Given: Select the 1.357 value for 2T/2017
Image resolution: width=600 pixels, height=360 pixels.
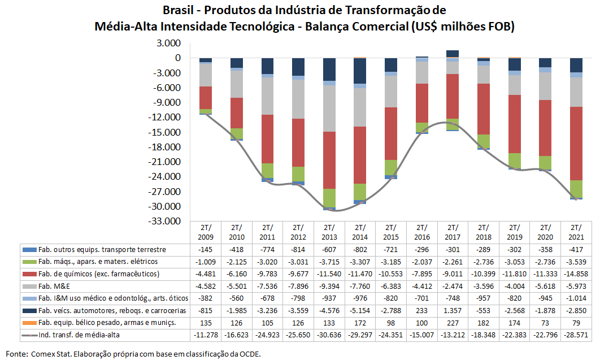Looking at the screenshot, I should (452, 310).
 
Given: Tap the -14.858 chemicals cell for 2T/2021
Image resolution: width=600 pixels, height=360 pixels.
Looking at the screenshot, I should (576, 274).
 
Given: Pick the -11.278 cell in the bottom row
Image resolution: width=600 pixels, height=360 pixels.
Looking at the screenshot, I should (206, 335).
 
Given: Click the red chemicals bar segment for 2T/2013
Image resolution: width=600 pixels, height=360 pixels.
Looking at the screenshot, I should (329, 160).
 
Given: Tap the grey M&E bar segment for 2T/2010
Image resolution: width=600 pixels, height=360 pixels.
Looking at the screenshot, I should (237, 84).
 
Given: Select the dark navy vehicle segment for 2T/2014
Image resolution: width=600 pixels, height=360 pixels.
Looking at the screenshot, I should (360, 71).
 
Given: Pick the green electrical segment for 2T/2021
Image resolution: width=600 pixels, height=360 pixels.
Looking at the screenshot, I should (576, 188).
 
